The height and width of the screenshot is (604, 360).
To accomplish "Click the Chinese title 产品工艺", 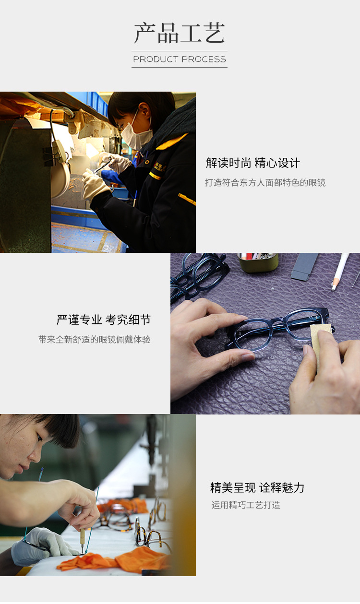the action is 180,33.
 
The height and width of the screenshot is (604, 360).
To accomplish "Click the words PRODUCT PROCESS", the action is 180,59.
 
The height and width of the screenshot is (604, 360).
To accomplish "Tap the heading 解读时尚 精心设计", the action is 253,163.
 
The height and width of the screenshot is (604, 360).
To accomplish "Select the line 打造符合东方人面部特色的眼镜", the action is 265,183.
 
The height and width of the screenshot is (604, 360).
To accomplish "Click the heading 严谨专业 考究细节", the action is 104,320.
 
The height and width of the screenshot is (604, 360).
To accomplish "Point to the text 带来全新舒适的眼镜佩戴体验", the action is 95,340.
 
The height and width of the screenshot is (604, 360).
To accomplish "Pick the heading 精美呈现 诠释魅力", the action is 257,488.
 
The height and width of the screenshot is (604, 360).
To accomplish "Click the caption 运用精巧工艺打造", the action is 246,505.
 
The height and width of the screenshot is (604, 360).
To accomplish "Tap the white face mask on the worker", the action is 136,135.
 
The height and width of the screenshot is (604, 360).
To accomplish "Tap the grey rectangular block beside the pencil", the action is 305,266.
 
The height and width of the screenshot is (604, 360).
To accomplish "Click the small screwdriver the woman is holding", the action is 82,537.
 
